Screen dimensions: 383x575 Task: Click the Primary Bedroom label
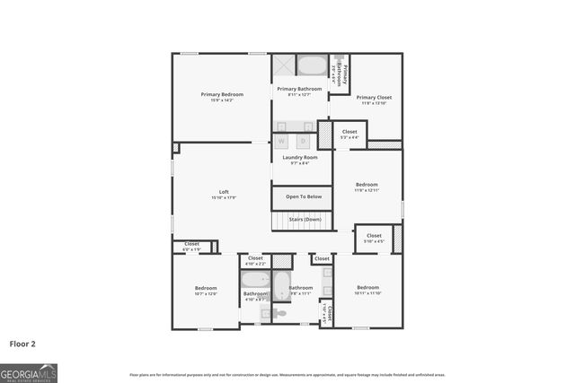pyautogui.click(x=222, y=94)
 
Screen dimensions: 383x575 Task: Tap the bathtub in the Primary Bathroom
pyautogui.click(x=312, y=66)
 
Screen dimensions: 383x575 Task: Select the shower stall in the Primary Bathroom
pyautogui.click(x=284, y=66)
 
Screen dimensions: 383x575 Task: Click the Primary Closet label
pyautogui.click(x=374, y=97)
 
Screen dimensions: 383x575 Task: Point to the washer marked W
pyautogui.click(x=282, y=141)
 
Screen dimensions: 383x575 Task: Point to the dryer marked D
pyautogui.click(x=303, y=141)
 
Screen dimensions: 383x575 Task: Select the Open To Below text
pyautogui.click(x=303, y=196)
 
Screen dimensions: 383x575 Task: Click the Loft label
pyautogui.click(x=224, y=192)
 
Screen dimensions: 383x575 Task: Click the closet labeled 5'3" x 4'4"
pyautogui.click(x=349, y=135)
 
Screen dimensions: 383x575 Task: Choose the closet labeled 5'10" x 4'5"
pyautogui.click(x=374, y=238)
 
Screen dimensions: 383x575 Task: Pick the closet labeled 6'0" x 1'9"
pyautogui.click(x=191, y=245)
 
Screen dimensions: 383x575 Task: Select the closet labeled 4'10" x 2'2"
pyautogui.click(x=256, y=260)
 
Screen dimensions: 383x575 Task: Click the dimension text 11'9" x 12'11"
pyautogui.click(x=367, y=190)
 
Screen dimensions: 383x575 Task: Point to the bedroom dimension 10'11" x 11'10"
pyautogui.click(x=368, y=293)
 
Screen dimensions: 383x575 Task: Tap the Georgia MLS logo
pyautogui.click(x=29, y=372)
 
